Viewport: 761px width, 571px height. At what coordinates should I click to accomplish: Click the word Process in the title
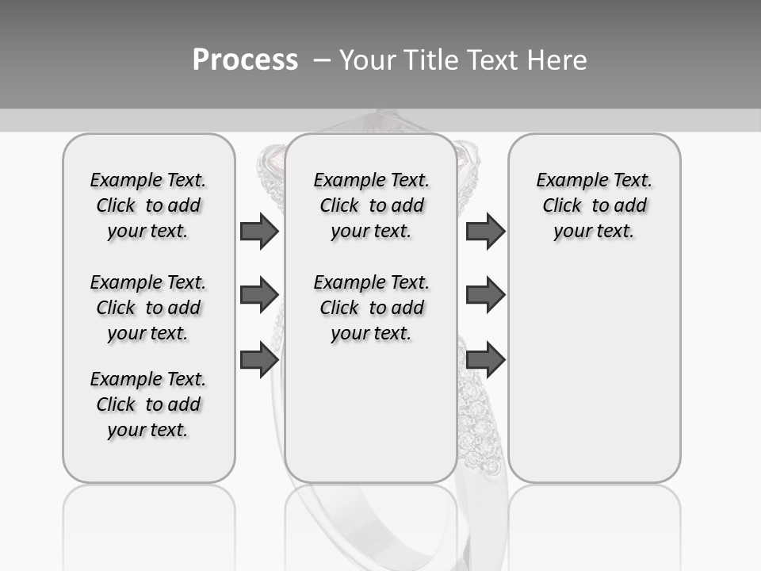coord(245,60)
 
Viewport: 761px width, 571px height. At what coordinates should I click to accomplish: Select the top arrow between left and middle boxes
coord(259,231)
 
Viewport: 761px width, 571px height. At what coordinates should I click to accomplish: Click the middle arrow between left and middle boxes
coord(259,294)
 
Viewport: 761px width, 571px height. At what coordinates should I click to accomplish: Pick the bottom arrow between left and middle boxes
coord(259,359)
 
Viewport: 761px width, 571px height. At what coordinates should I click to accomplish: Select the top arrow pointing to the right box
coord(485,231)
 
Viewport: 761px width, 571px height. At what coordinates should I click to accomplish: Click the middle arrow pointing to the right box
coord(485,294)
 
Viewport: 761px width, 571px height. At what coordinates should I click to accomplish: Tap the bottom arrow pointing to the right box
coord(485,359)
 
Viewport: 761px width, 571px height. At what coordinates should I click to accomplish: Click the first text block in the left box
coord(148,205)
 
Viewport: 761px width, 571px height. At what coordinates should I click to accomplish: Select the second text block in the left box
coord(148,308)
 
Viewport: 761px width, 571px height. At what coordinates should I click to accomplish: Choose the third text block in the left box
coord(148,404)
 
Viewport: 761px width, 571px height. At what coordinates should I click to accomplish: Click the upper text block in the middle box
coord(371,205)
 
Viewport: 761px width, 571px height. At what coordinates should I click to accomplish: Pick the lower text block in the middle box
coord(371,308)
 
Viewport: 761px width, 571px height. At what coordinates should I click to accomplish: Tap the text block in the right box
coord(594,205)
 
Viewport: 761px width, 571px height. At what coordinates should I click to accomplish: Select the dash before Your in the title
coord(321,60)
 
